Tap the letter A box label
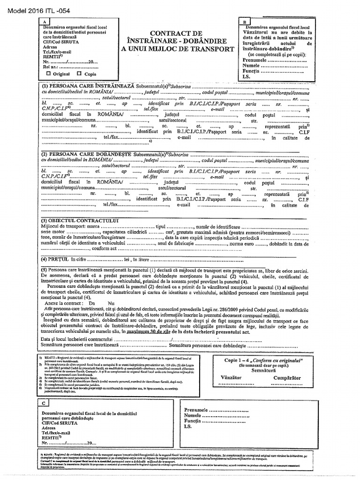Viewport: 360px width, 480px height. click(x=44, y=22)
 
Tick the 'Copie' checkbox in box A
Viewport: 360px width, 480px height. click(x=79, y=74)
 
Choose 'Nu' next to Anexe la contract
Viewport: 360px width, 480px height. click(x=111, y=303)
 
